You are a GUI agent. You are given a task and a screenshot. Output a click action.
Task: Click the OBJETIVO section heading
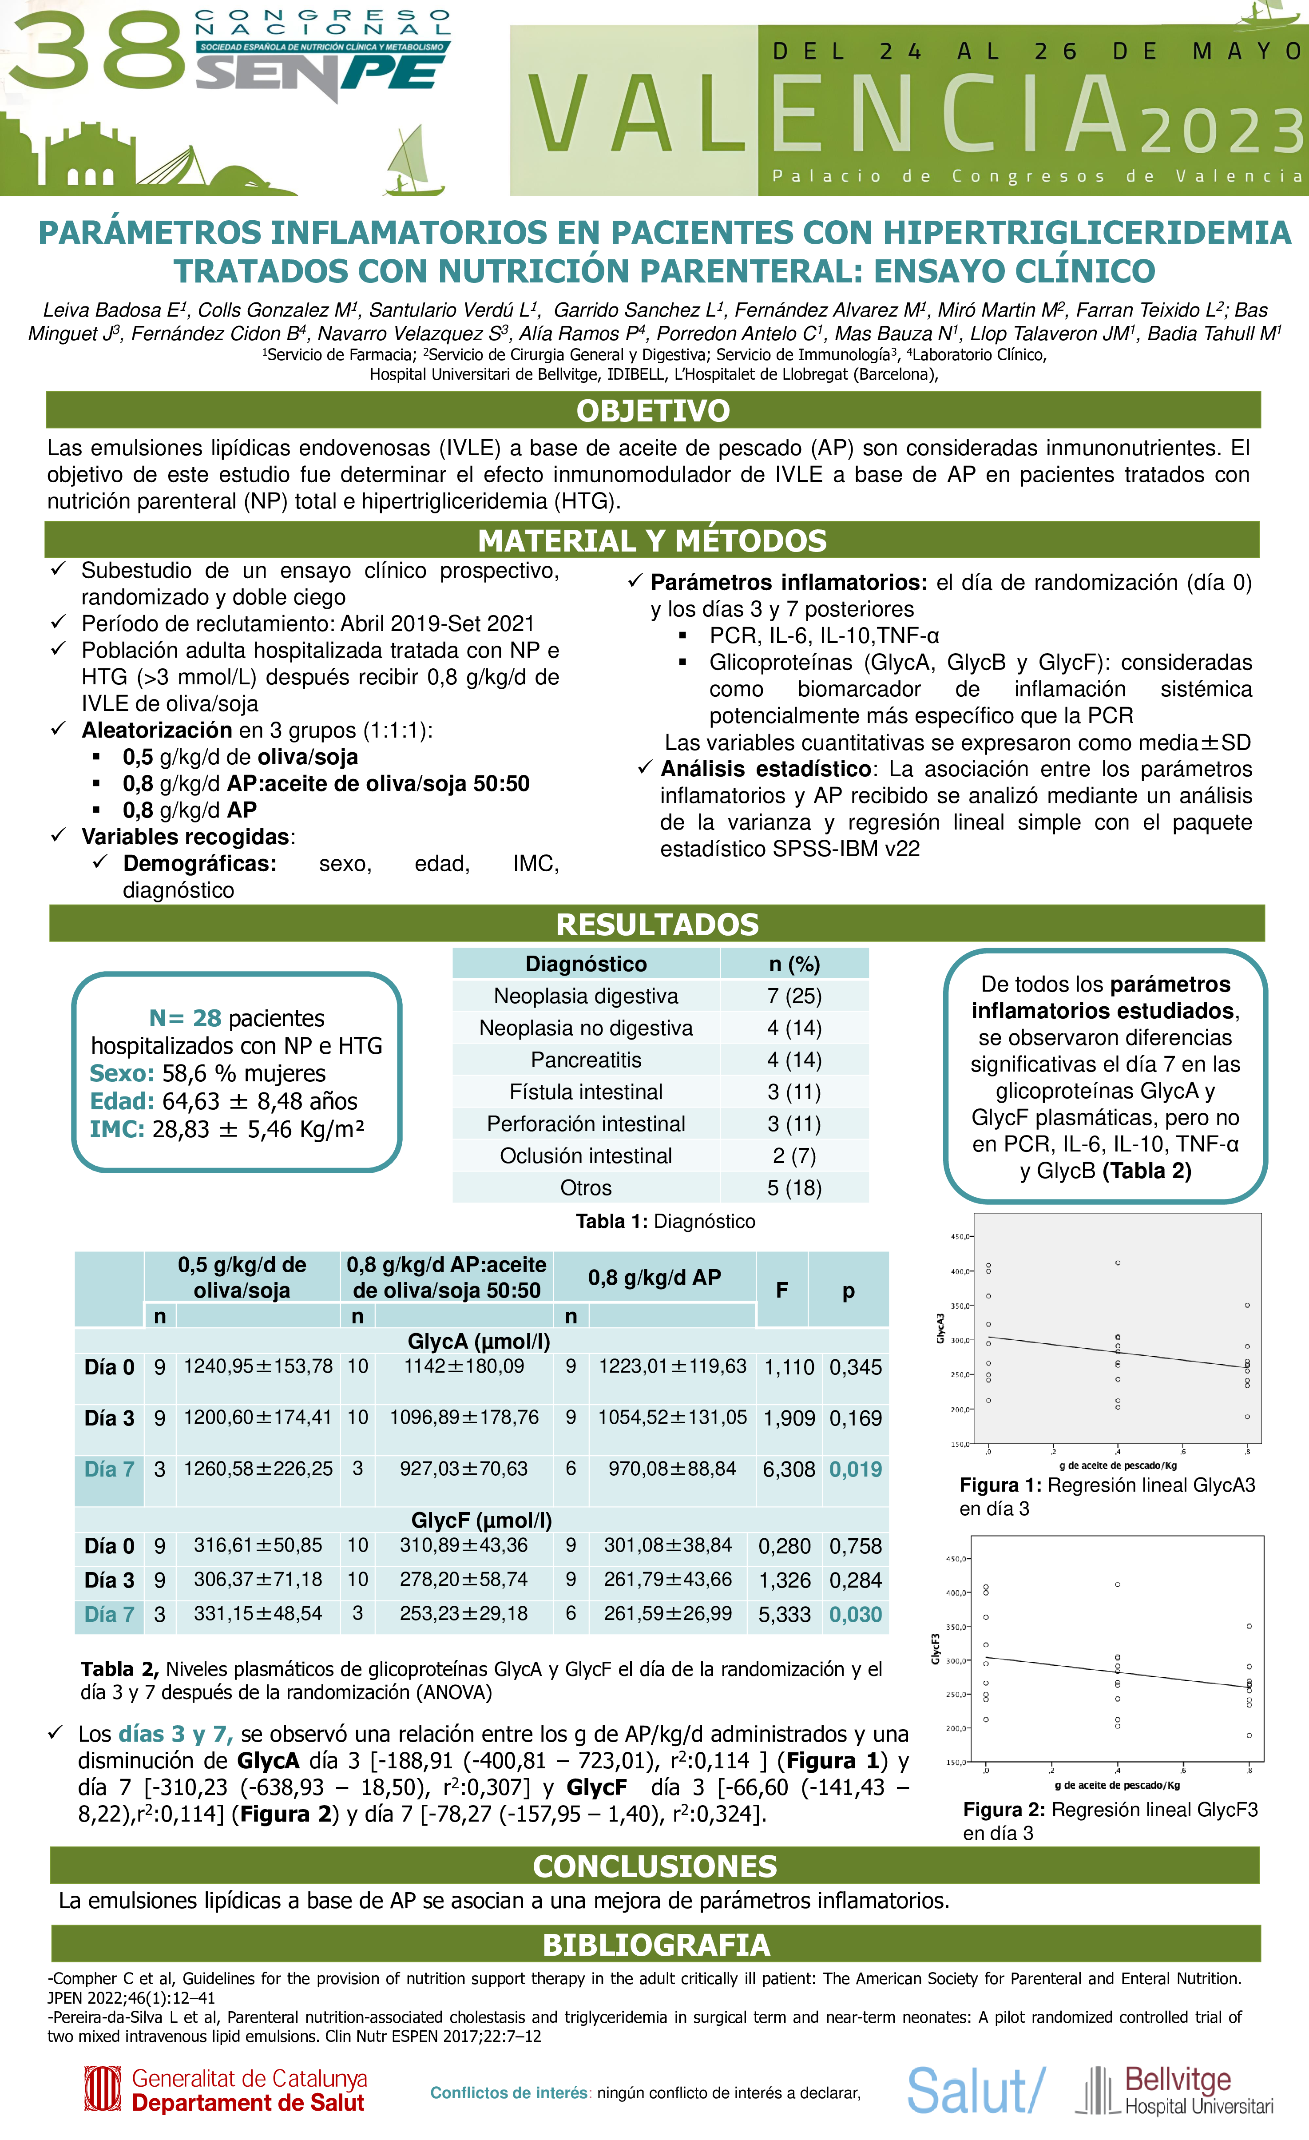pyautogui.click(x=653, y=411)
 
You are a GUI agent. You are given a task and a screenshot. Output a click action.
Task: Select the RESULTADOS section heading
pyautogui.click(x=657, y=924)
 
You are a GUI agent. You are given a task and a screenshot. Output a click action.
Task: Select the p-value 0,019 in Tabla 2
pyautogui.click(x=856, y=1469)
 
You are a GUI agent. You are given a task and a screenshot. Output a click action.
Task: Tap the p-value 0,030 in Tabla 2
pyautogui.click(x=856, y=1615)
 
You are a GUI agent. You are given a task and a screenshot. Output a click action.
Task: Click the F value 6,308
pyautogui.click(x=789, y=1469)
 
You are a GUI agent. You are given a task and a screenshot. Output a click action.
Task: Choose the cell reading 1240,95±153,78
pyautogui.click(x=258, y=1366)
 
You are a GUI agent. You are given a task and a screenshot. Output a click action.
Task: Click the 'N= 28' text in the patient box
pyautogui.click(x=185, y=1018)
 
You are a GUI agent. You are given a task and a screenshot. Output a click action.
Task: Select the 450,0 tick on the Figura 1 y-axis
pyautogui.click(x=960, y=1237)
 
